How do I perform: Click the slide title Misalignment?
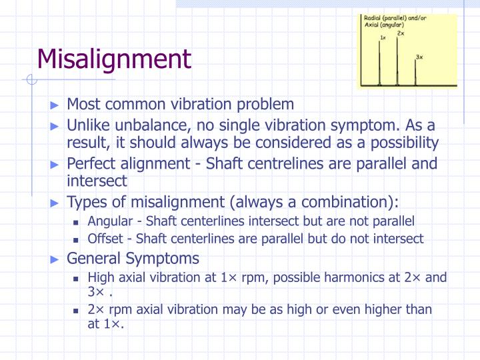[114, 59]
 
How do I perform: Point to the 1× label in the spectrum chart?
[383, 38]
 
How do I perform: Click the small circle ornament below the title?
[29, 80]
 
